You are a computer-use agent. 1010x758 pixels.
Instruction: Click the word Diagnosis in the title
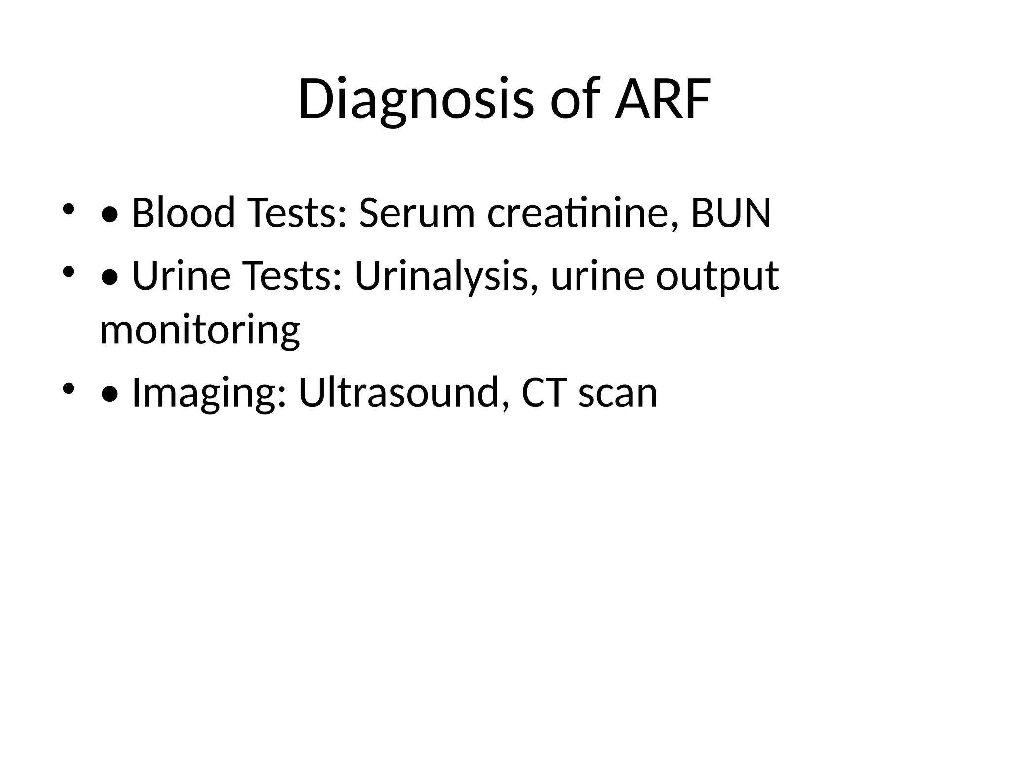[x=416, y=100]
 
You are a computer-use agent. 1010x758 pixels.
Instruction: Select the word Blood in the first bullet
[x=183, y=213]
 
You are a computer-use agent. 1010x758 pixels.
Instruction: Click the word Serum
[x=417, y=213]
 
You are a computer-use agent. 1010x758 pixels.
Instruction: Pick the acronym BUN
[x=731, y=213]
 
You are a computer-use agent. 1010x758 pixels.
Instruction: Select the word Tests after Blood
[x=295, y=213]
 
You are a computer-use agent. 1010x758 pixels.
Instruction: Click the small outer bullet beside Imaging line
[x=68, y=388]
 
